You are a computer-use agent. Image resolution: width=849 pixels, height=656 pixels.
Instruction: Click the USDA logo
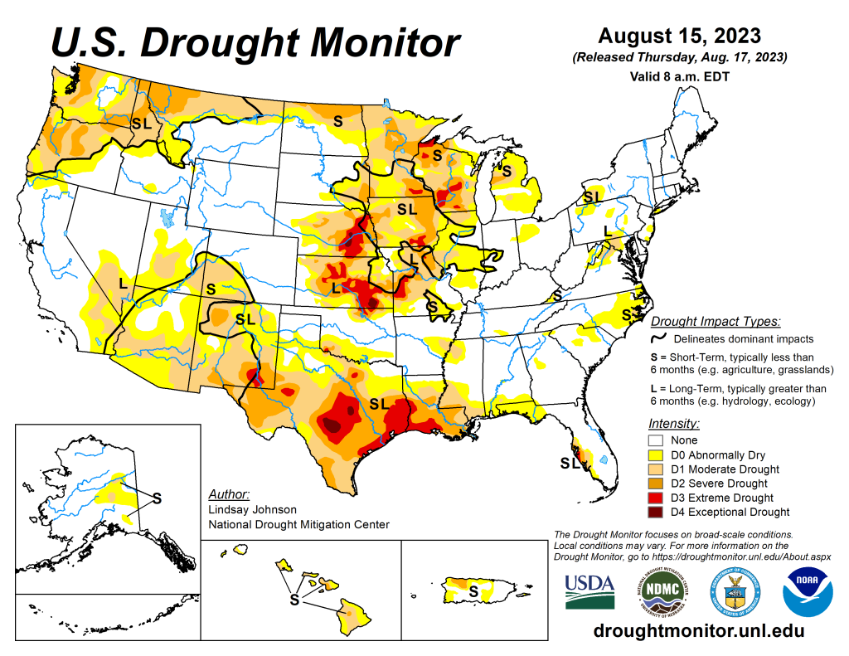click(x=589, y=591)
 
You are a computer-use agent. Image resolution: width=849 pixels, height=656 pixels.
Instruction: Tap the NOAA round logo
click(x=808, y=591)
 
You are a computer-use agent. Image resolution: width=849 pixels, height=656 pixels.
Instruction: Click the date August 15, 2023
click(x=679, y=36)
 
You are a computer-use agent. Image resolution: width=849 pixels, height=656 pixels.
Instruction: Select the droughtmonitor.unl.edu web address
click(x=699, y=631)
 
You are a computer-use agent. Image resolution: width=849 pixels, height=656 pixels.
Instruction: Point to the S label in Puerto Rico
click(x=473, y=591)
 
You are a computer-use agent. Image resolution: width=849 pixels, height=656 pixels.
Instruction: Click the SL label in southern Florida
click(x=569, y=463)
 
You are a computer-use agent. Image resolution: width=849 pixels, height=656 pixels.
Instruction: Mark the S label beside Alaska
click(x=158, y=497)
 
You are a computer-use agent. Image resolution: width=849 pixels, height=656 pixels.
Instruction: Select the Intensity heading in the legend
click(x=673, y=423)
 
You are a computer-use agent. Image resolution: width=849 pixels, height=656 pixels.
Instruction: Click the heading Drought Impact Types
click(x=716, y=322)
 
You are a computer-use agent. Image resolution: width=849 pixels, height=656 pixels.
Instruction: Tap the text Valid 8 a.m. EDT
click(x=679, y=76)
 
